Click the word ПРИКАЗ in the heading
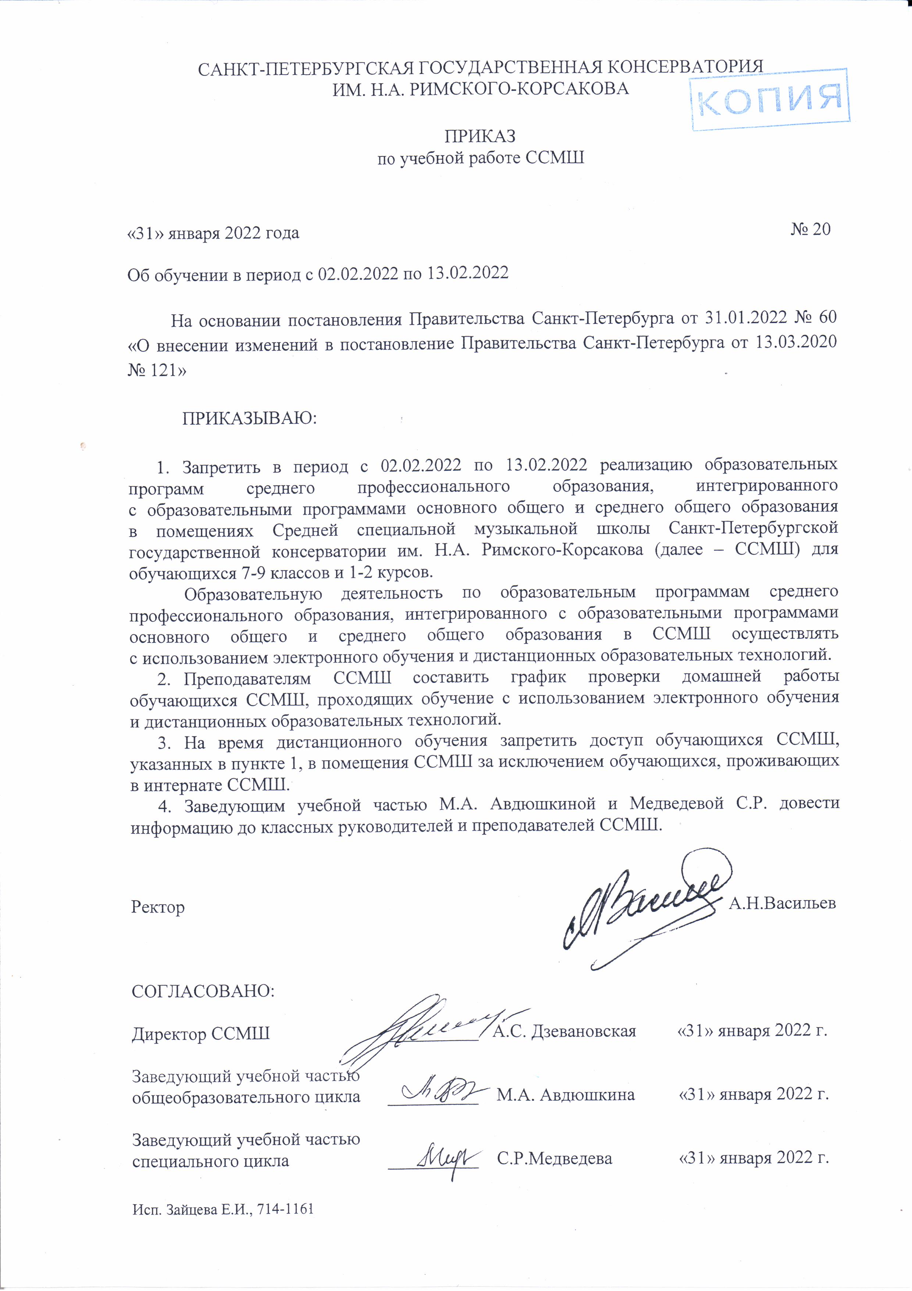pos(480,137)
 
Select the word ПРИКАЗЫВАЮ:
pos(249,419)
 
